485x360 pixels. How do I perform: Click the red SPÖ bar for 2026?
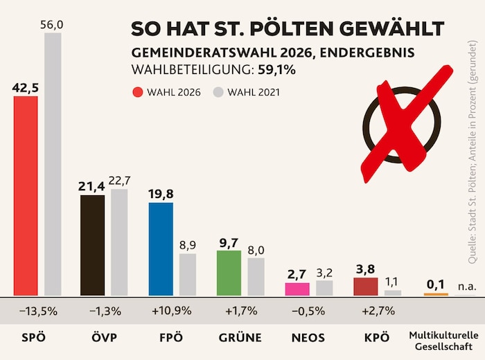[x=26, y=196]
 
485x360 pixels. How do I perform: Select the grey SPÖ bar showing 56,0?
[x=53, y=164]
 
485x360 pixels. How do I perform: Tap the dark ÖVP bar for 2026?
[x=93, y=245]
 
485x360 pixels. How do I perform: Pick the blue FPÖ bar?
[x=161, y=249]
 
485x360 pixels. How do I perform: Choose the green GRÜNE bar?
[x=229, y=273]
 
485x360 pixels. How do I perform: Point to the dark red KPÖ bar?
[x=365, y=287]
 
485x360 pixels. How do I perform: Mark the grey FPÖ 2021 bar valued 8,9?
[x=188, y=274]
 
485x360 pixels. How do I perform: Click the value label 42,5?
[x=26, y=88]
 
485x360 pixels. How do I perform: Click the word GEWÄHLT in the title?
[x=391, y=29]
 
